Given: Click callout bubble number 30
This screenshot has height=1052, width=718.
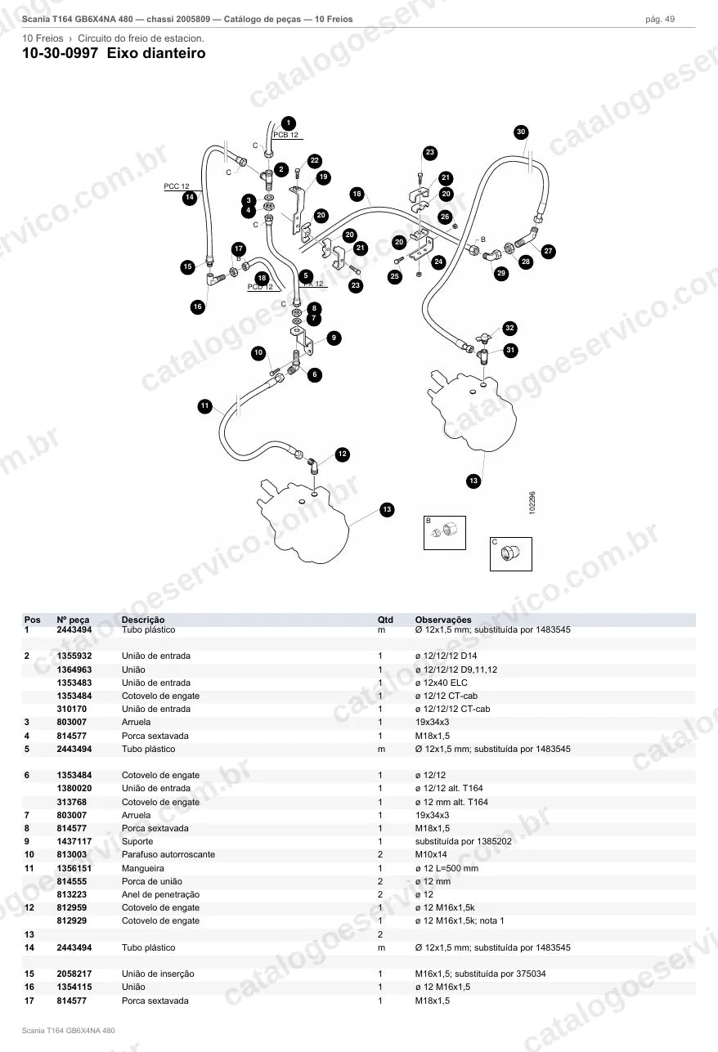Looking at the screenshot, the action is pos(521,132).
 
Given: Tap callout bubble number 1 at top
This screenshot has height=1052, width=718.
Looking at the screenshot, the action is pos(288,123).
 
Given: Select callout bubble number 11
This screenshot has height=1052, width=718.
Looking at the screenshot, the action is pos(205,406).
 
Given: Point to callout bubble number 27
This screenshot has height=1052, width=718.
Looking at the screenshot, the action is pos(548,251).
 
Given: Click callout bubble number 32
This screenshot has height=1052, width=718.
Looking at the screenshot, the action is pos(509,329).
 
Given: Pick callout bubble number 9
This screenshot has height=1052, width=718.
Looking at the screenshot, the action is pos(334,338).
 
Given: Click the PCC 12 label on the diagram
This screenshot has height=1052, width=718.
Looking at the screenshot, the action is pos(176,186).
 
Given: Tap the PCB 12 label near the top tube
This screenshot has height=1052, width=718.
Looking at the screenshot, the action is pos(285,135).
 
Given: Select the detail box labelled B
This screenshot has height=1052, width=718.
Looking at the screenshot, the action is pos(445,533).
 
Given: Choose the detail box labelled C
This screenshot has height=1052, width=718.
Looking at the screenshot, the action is pos(511,554).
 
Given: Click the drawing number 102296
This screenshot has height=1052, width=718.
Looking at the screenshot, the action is pos(532,503).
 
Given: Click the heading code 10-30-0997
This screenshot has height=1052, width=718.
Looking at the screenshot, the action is pos(61,53).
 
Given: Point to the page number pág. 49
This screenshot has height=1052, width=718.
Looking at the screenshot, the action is pos(660,20).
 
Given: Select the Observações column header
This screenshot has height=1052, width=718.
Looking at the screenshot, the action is pos(442,620).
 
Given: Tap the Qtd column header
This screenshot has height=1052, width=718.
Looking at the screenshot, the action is pos(385,620).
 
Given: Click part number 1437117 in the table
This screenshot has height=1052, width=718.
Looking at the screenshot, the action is pos(74,841).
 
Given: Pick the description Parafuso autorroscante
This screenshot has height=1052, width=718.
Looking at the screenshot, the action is pos(168,854).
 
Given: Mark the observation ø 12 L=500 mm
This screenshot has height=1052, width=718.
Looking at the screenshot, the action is pos(447,868).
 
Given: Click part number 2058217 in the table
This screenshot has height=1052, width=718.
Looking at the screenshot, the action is pos(74,974).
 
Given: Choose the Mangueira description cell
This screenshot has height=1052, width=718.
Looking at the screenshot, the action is pos(143,868).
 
